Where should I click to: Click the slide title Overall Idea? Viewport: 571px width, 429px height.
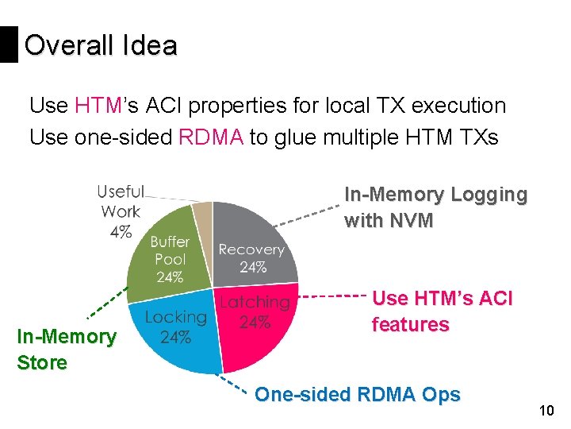pos(101,45)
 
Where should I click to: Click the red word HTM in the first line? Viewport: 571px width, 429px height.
pos(97,106)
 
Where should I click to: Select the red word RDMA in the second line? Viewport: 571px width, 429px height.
pos(212,137)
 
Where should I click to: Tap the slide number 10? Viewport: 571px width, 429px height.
pos(546,411)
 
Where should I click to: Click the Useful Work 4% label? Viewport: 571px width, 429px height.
pos(121,211)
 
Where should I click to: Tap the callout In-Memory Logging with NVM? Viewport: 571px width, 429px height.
pos(435,207)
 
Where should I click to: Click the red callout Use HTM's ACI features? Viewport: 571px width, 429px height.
pos(442,311)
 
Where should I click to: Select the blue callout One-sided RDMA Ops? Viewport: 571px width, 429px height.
pos(357,395)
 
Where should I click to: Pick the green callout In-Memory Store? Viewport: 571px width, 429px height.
pos(66,350)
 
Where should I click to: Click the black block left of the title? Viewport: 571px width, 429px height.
pos(9,44)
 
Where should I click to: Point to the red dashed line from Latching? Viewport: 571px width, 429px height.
pos(333,296)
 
